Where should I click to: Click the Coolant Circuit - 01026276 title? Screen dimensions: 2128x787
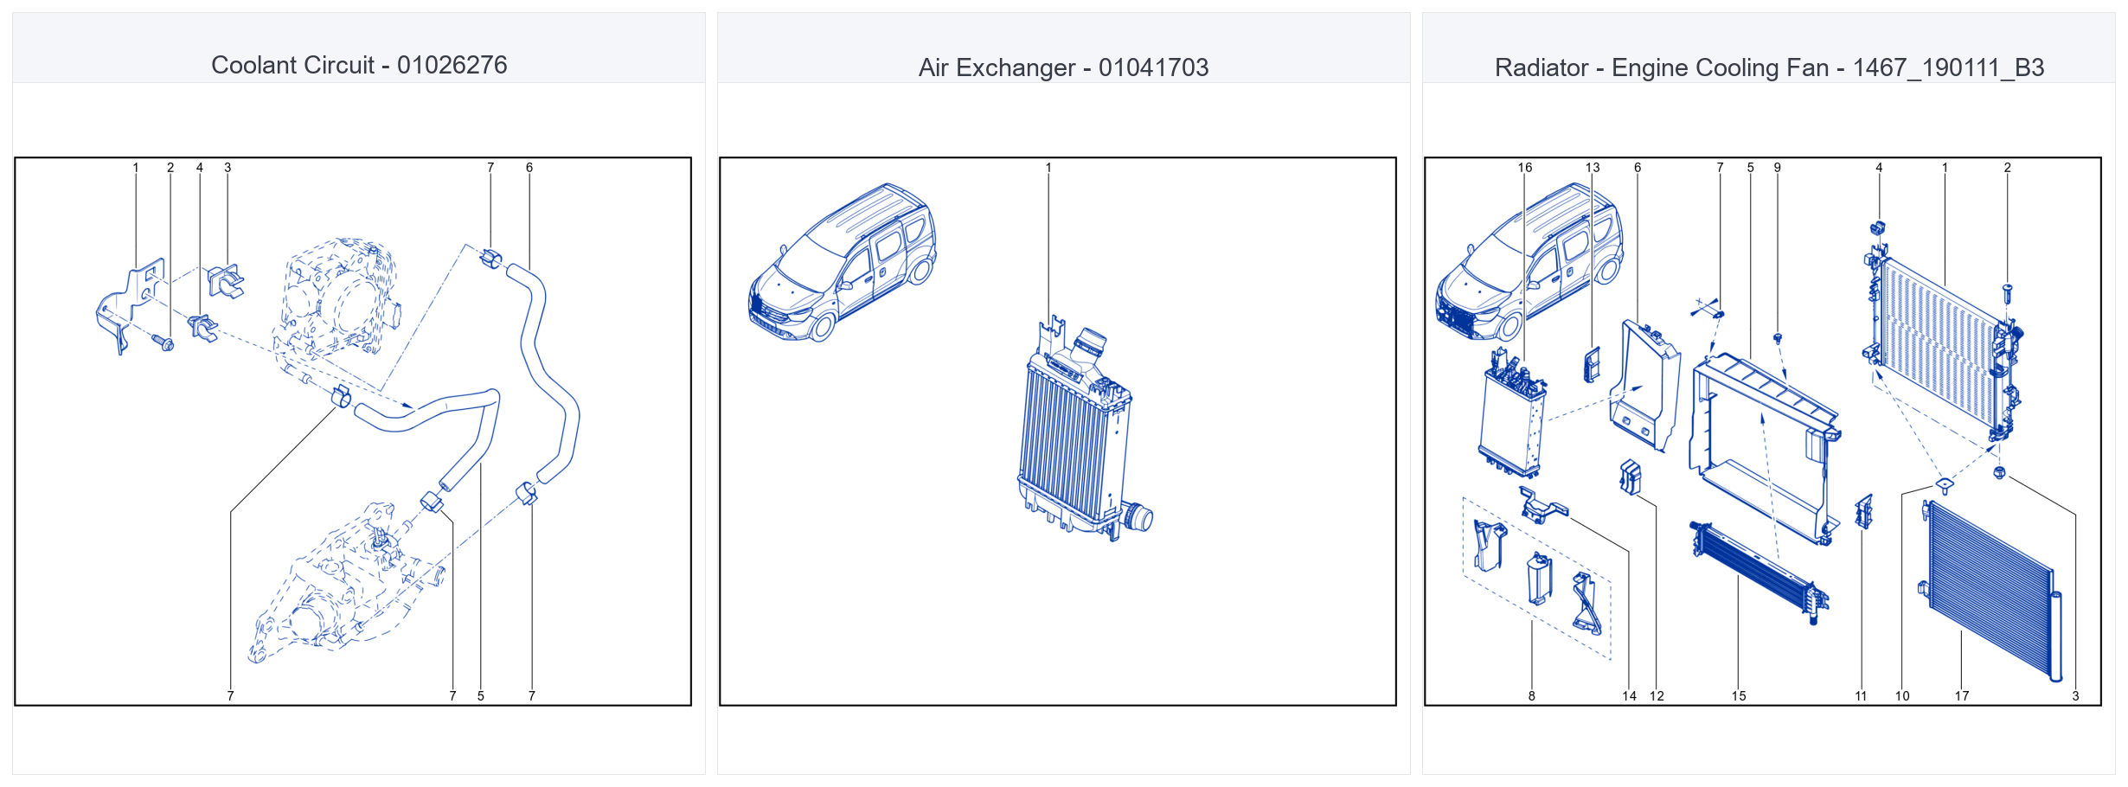(x=359, y=65)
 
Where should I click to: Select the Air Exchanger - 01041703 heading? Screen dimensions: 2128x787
(x=1063, y=67)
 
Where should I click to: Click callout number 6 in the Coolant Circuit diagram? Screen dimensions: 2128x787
(x=529, y=168)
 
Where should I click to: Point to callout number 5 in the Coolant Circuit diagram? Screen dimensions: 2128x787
(x=481, y=695)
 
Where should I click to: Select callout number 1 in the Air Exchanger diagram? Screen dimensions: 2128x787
(x=1048, y=168)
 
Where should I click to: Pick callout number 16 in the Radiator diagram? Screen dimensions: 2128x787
(x=1525, y=168)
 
